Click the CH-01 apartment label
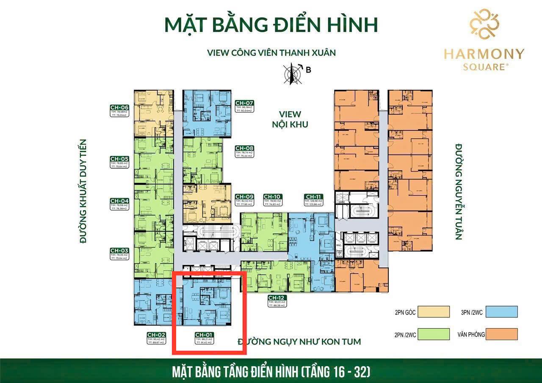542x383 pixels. tap(204, 334)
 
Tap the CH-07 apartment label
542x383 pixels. tap(244, 103)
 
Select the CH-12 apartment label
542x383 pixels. tap(277, 297)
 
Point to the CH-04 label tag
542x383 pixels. tap(119, 201)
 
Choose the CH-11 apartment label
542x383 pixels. tap(313, 197)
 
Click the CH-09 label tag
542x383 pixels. tap(244, 197)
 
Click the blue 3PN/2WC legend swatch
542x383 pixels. tap(502, 312)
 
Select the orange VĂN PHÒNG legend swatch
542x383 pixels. tap(502, 334)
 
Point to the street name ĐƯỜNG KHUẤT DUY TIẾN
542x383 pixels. tap(83, 191)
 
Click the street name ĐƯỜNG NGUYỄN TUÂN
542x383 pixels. tap(459, 192)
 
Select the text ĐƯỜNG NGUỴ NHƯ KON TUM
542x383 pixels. tap(299, 341)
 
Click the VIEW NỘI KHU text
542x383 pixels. tap(290, 119)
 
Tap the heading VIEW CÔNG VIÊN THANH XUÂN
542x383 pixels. tap(271, 53)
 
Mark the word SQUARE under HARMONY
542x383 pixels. tap(484, 67)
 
